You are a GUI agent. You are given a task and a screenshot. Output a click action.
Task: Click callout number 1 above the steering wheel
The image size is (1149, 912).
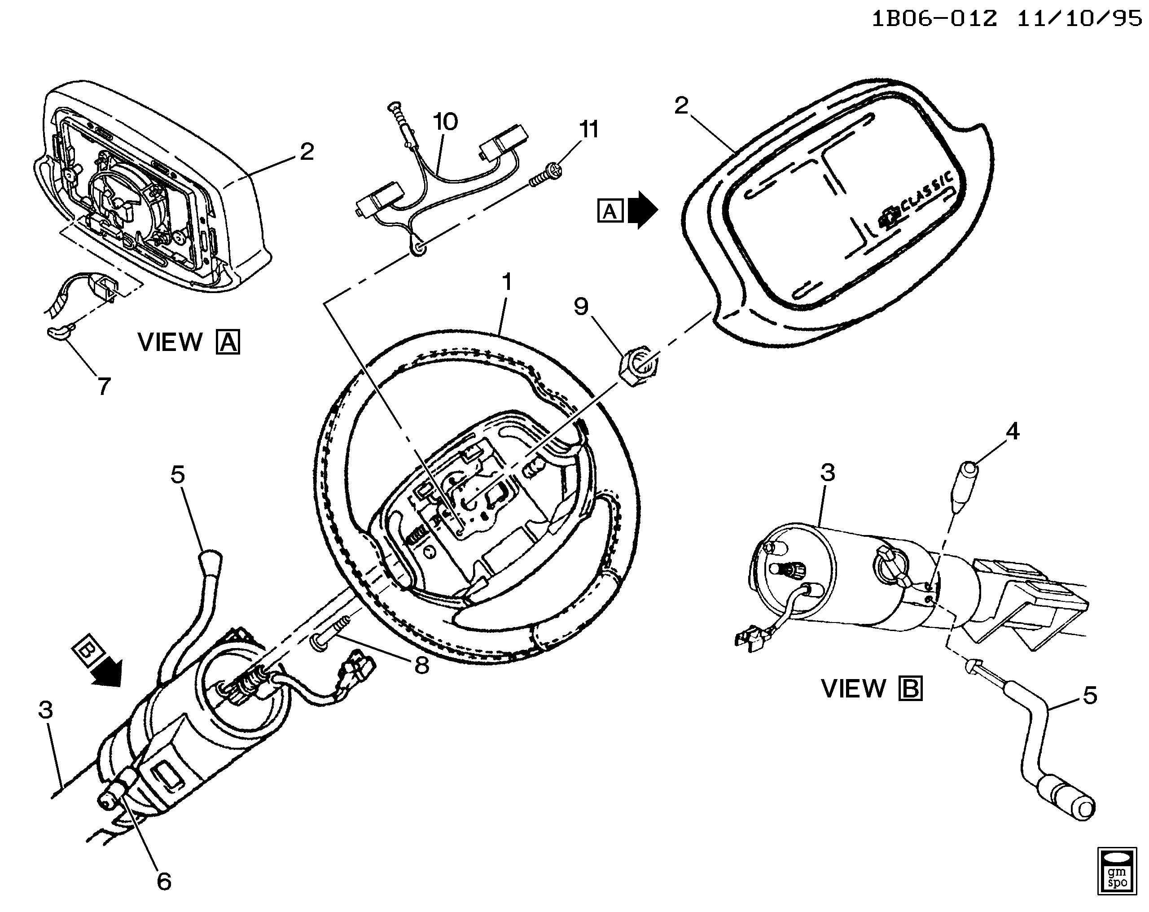point(507,281)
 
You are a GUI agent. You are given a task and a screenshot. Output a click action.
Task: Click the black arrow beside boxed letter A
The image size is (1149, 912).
point(643,210)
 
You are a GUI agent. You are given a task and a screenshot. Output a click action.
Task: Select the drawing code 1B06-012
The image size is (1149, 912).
point(934,19)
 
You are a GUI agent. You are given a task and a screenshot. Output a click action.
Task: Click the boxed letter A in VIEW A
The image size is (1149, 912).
point(228,342)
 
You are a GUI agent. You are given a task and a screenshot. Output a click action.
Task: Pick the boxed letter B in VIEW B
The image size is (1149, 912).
point(911,688)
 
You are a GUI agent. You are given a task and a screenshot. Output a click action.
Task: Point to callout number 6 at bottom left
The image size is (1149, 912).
point(164,881)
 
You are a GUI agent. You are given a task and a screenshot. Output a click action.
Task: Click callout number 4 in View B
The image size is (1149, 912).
point(1012,431)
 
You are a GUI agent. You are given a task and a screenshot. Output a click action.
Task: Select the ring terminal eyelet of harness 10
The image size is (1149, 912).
point(418,248)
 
